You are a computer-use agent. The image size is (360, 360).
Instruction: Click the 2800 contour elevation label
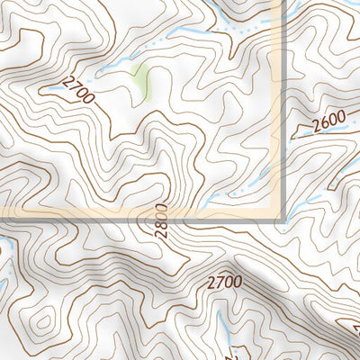(161, 220)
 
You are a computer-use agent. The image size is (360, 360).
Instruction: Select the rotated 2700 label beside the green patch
(79, 89)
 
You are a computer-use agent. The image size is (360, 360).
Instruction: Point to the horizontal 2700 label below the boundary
(224, 282)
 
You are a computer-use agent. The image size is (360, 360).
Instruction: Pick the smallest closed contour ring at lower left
(42, 321)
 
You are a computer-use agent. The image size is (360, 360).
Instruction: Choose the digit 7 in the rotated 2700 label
(76, 85)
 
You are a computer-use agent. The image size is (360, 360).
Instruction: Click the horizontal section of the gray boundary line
(135, 219)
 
